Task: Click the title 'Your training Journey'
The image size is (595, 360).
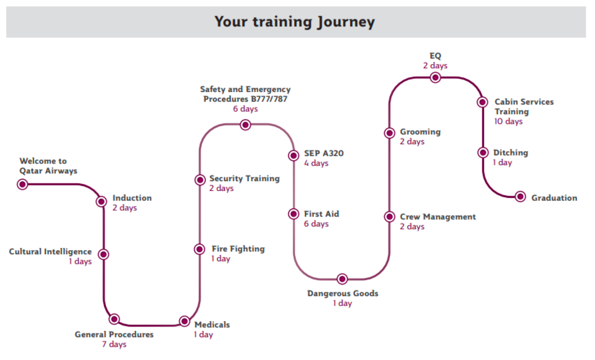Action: click(295, 22)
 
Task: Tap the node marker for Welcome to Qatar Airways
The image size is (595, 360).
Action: click(23, 184)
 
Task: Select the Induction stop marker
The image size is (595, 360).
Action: click(102, 202)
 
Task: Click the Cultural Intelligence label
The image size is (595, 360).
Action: click(50, 251)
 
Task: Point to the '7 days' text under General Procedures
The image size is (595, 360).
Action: click(114, 344)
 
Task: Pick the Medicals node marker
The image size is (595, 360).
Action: click(184, 321)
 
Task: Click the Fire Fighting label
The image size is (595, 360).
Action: click(238, 249)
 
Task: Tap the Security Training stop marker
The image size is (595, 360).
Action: click(200, 180)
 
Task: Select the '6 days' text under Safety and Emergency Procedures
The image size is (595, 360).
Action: click(245, 109)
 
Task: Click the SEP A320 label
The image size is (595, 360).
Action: click(324, 153)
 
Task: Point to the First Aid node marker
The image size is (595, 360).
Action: click(293, 213)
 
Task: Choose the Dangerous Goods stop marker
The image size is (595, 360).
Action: click(342, 279)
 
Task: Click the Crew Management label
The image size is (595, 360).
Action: click(438, 217)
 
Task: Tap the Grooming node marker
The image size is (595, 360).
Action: click(390, 133)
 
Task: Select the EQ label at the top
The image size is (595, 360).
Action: click(435, 56)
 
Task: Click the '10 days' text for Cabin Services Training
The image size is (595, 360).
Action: click(508, 121)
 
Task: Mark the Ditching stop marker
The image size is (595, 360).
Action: click(483, 152)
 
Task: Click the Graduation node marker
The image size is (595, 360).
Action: click(520, 197)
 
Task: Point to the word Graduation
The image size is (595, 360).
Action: click(554, 198)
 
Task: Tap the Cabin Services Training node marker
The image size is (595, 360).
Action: click(482, 102)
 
